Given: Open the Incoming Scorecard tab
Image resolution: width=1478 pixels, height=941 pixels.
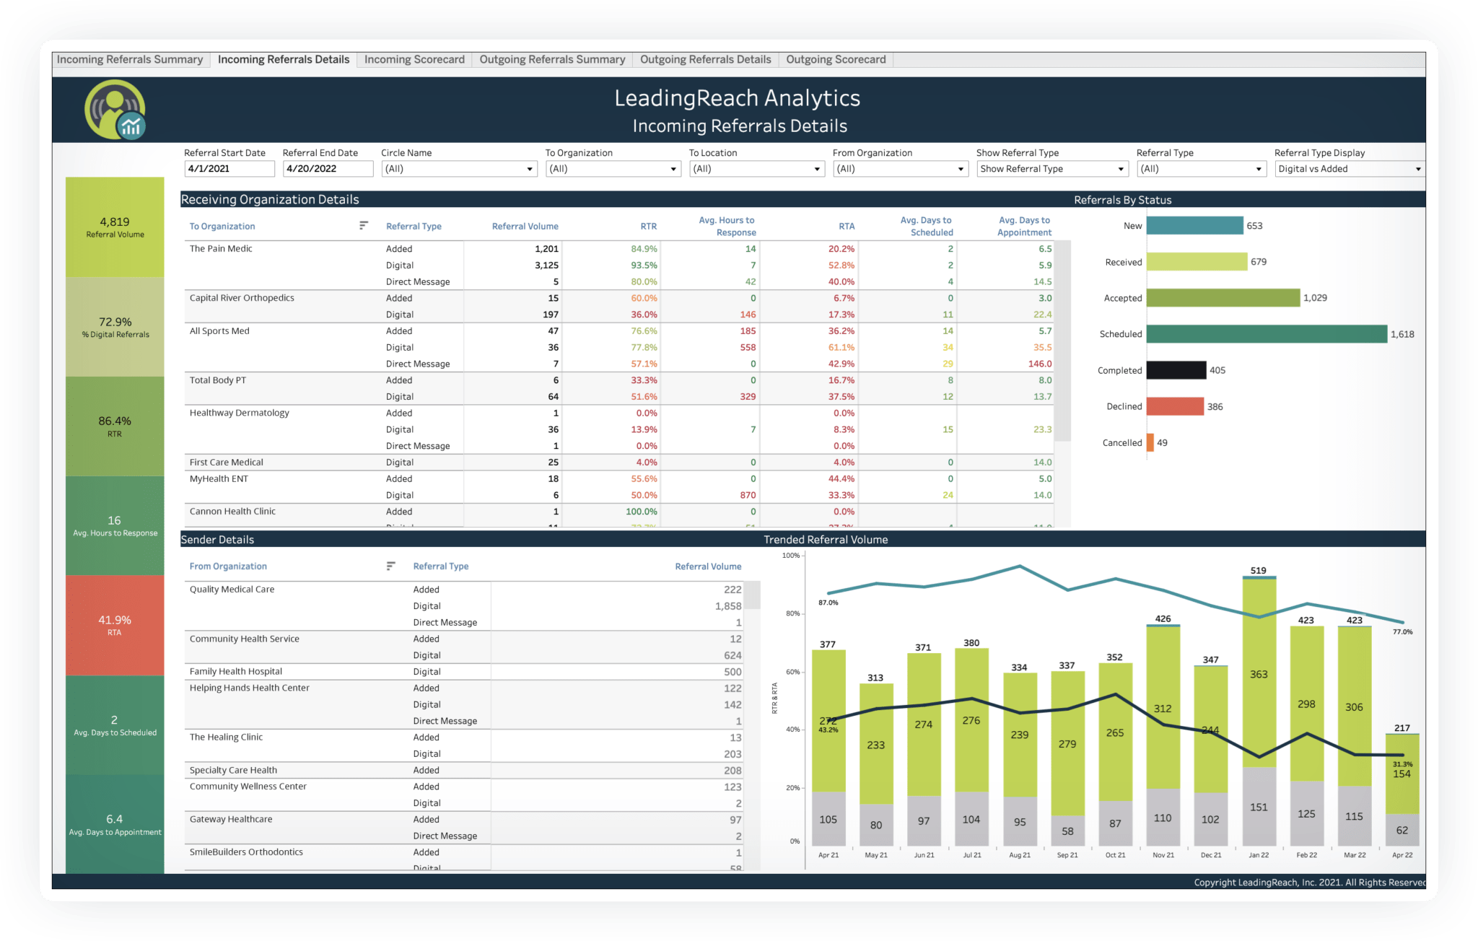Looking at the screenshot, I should pos(414,60).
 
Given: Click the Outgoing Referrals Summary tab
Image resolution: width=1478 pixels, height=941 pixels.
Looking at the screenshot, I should pos(552,60).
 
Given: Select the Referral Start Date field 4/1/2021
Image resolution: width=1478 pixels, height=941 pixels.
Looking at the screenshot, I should pos(229,169).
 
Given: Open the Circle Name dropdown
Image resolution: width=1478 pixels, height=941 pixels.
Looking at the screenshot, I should pos(458,169).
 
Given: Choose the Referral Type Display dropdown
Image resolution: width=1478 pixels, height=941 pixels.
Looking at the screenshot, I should pos(1348,169).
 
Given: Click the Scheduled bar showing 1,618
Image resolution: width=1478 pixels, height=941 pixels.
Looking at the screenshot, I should pos(1266,334).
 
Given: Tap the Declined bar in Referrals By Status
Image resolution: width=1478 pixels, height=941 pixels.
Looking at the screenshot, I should pos(1175,407).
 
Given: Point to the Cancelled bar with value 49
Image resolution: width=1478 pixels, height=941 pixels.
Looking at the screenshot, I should pos(1150,443).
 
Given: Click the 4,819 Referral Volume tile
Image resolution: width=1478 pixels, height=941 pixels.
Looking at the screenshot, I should pos(115,227).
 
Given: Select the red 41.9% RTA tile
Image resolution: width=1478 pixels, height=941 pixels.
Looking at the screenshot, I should pos(115,625).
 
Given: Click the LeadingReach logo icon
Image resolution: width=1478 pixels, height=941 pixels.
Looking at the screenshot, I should pos(115,110).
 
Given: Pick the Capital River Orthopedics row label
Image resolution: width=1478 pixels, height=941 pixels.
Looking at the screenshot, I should pos(242,298).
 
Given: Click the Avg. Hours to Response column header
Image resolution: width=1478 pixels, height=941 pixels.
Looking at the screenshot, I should pos(726,227).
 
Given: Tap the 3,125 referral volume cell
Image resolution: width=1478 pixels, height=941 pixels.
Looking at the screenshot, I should pos(546,266).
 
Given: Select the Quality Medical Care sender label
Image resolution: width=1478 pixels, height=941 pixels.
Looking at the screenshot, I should pos(232,590).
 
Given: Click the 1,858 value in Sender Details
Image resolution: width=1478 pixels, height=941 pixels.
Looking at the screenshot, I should pos(727,606).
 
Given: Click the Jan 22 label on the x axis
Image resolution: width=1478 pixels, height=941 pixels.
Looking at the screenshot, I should pos(1259,855).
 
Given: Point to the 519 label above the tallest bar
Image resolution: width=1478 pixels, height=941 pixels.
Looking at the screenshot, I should pos(1258,570).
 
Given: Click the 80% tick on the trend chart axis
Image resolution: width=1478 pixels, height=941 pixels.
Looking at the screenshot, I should pos(792,614).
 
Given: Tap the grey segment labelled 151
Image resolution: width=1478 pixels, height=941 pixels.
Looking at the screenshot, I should pos(1259,807).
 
